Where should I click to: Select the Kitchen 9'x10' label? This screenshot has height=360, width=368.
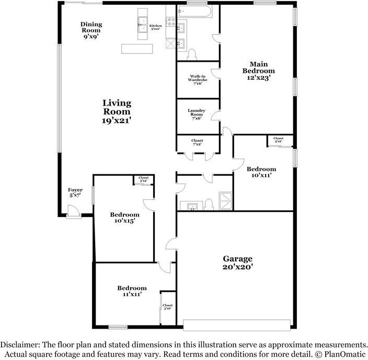[x=156, y=27]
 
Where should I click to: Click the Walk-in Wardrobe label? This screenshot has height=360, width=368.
[x=197, y=80]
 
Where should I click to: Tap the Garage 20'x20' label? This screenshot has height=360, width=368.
[x=238, y=262]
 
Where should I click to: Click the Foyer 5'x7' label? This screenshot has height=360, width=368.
[x=75, y=193]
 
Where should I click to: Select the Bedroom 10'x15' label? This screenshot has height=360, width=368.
[x=124, y=218]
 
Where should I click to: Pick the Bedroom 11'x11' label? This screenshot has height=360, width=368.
[x=132, y=291]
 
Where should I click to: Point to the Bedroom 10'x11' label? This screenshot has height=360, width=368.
[x=261, y=173]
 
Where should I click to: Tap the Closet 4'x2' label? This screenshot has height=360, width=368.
[x=279, y=140]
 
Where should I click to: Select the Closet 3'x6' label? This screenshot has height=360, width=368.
[x=167, y=307]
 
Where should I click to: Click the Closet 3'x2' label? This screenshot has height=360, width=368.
[x=143, y=179]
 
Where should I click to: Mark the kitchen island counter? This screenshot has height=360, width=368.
[x=137, y=48]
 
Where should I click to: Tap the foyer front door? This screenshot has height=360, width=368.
[x=73, y=211]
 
